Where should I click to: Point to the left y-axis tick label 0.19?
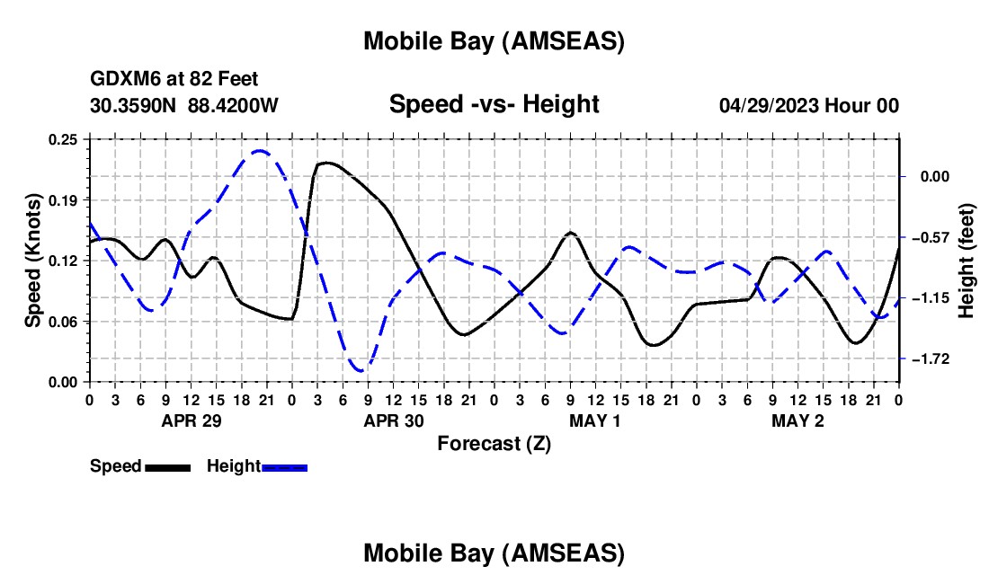click(x=63, y=199)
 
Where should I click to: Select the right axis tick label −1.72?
click(x=930, y=359)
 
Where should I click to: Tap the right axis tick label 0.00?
click(x=935, y=177)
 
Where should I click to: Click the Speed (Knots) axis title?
click(x=32, y=261)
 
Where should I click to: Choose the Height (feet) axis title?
click(x=967, y=261)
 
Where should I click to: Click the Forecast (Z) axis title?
click(x=494, y=443)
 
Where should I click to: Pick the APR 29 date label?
click(x=191, y=420)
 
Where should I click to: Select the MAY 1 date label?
click(x=595, y=420)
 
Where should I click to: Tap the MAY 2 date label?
click(x=798, y=420)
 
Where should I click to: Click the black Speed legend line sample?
click(x=167, y=467)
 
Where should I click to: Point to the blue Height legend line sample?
click(x=285, y=467)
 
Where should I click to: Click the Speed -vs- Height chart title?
click(x=494, y=104)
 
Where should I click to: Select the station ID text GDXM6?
click(x=120, y=80)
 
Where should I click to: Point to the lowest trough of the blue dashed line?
click(x=360, y=370)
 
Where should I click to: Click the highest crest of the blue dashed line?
click(x=260, y=151)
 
